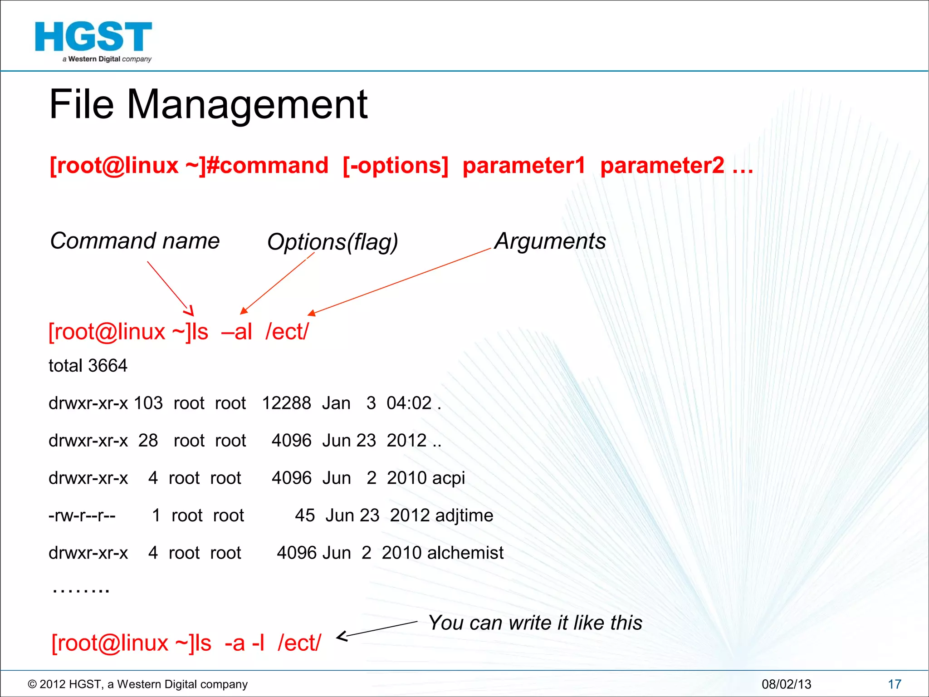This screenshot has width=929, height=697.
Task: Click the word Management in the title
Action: click(247, 105)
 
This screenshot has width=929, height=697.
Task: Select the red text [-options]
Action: click(396, 165)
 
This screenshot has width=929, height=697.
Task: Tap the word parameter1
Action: click(524, 165)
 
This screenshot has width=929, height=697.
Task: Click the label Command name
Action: click(135, 241)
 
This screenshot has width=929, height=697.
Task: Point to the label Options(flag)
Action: click(332, 242)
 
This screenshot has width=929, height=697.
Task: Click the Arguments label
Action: click(550, 241)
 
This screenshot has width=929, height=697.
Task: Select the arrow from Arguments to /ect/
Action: click(399, 281)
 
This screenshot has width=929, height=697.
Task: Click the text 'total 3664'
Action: click(88, 366)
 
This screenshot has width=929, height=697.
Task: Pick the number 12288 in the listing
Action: click(287, 403)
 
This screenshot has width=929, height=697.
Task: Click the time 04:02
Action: click(409, 403)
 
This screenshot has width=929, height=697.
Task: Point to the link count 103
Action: click(148, 403)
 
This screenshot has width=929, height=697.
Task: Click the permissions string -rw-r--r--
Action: click(82, 515)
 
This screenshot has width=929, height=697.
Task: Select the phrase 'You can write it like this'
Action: click(535, 623)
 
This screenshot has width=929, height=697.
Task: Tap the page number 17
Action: click(895, 684)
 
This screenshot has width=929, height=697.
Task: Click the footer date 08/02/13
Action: click(786, 684)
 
